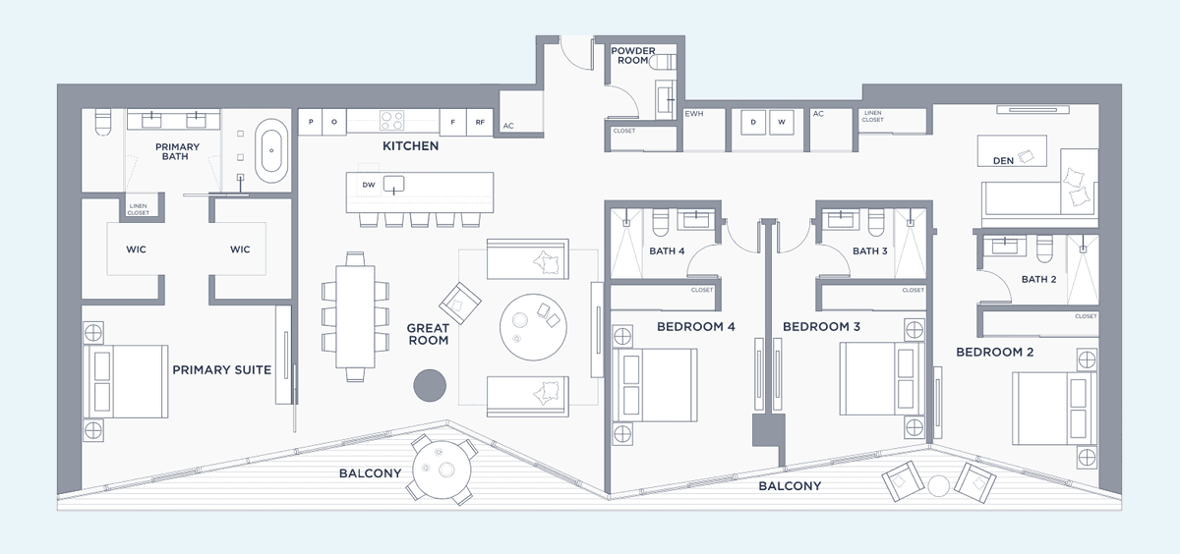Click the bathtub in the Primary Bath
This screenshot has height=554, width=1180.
(271, 150)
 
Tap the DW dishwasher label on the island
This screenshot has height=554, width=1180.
(369, 185)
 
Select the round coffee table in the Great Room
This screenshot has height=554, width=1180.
(533, 327)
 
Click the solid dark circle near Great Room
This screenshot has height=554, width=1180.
(430, 386)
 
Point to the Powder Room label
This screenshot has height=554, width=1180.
(633, 55)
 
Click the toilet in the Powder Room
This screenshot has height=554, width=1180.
(663, 63)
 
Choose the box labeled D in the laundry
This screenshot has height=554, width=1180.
(753, 122)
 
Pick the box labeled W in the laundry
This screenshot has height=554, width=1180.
(781, 122)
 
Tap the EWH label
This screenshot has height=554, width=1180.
(694, 114)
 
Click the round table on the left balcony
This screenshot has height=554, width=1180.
(442, 470)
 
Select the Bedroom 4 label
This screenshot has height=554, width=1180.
(696, 327)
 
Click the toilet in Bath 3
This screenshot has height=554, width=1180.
(876, 222)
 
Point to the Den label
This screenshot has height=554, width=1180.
(1003, 161)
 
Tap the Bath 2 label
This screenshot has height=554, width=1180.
(1038, 279)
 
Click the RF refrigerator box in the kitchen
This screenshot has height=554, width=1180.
(480, 122)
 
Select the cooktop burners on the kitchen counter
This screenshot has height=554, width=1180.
(392, 121)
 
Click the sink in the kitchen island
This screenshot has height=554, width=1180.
(393, 185)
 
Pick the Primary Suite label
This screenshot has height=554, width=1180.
(222, 370)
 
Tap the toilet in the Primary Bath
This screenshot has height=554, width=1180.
(103, 122)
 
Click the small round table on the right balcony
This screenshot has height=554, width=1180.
(938, 486)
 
